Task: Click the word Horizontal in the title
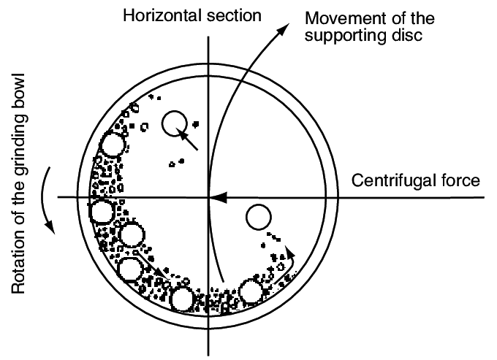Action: [x=155, y=15]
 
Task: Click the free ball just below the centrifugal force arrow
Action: [x=259, y=217]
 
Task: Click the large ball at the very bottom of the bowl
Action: [x=181, y=297]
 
